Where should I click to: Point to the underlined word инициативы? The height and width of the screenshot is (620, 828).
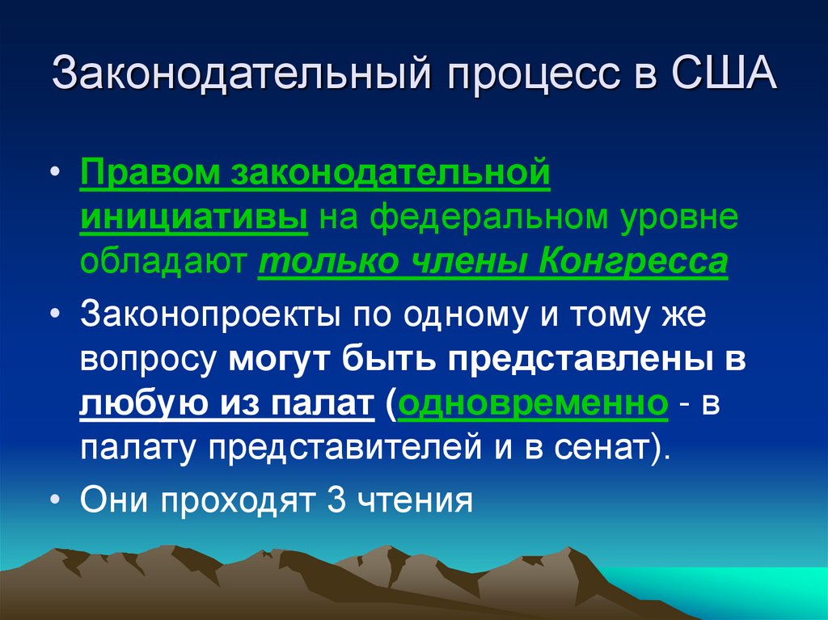coord(193,218)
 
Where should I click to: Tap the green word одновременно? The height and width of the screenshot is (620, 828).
coord(531,404)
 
